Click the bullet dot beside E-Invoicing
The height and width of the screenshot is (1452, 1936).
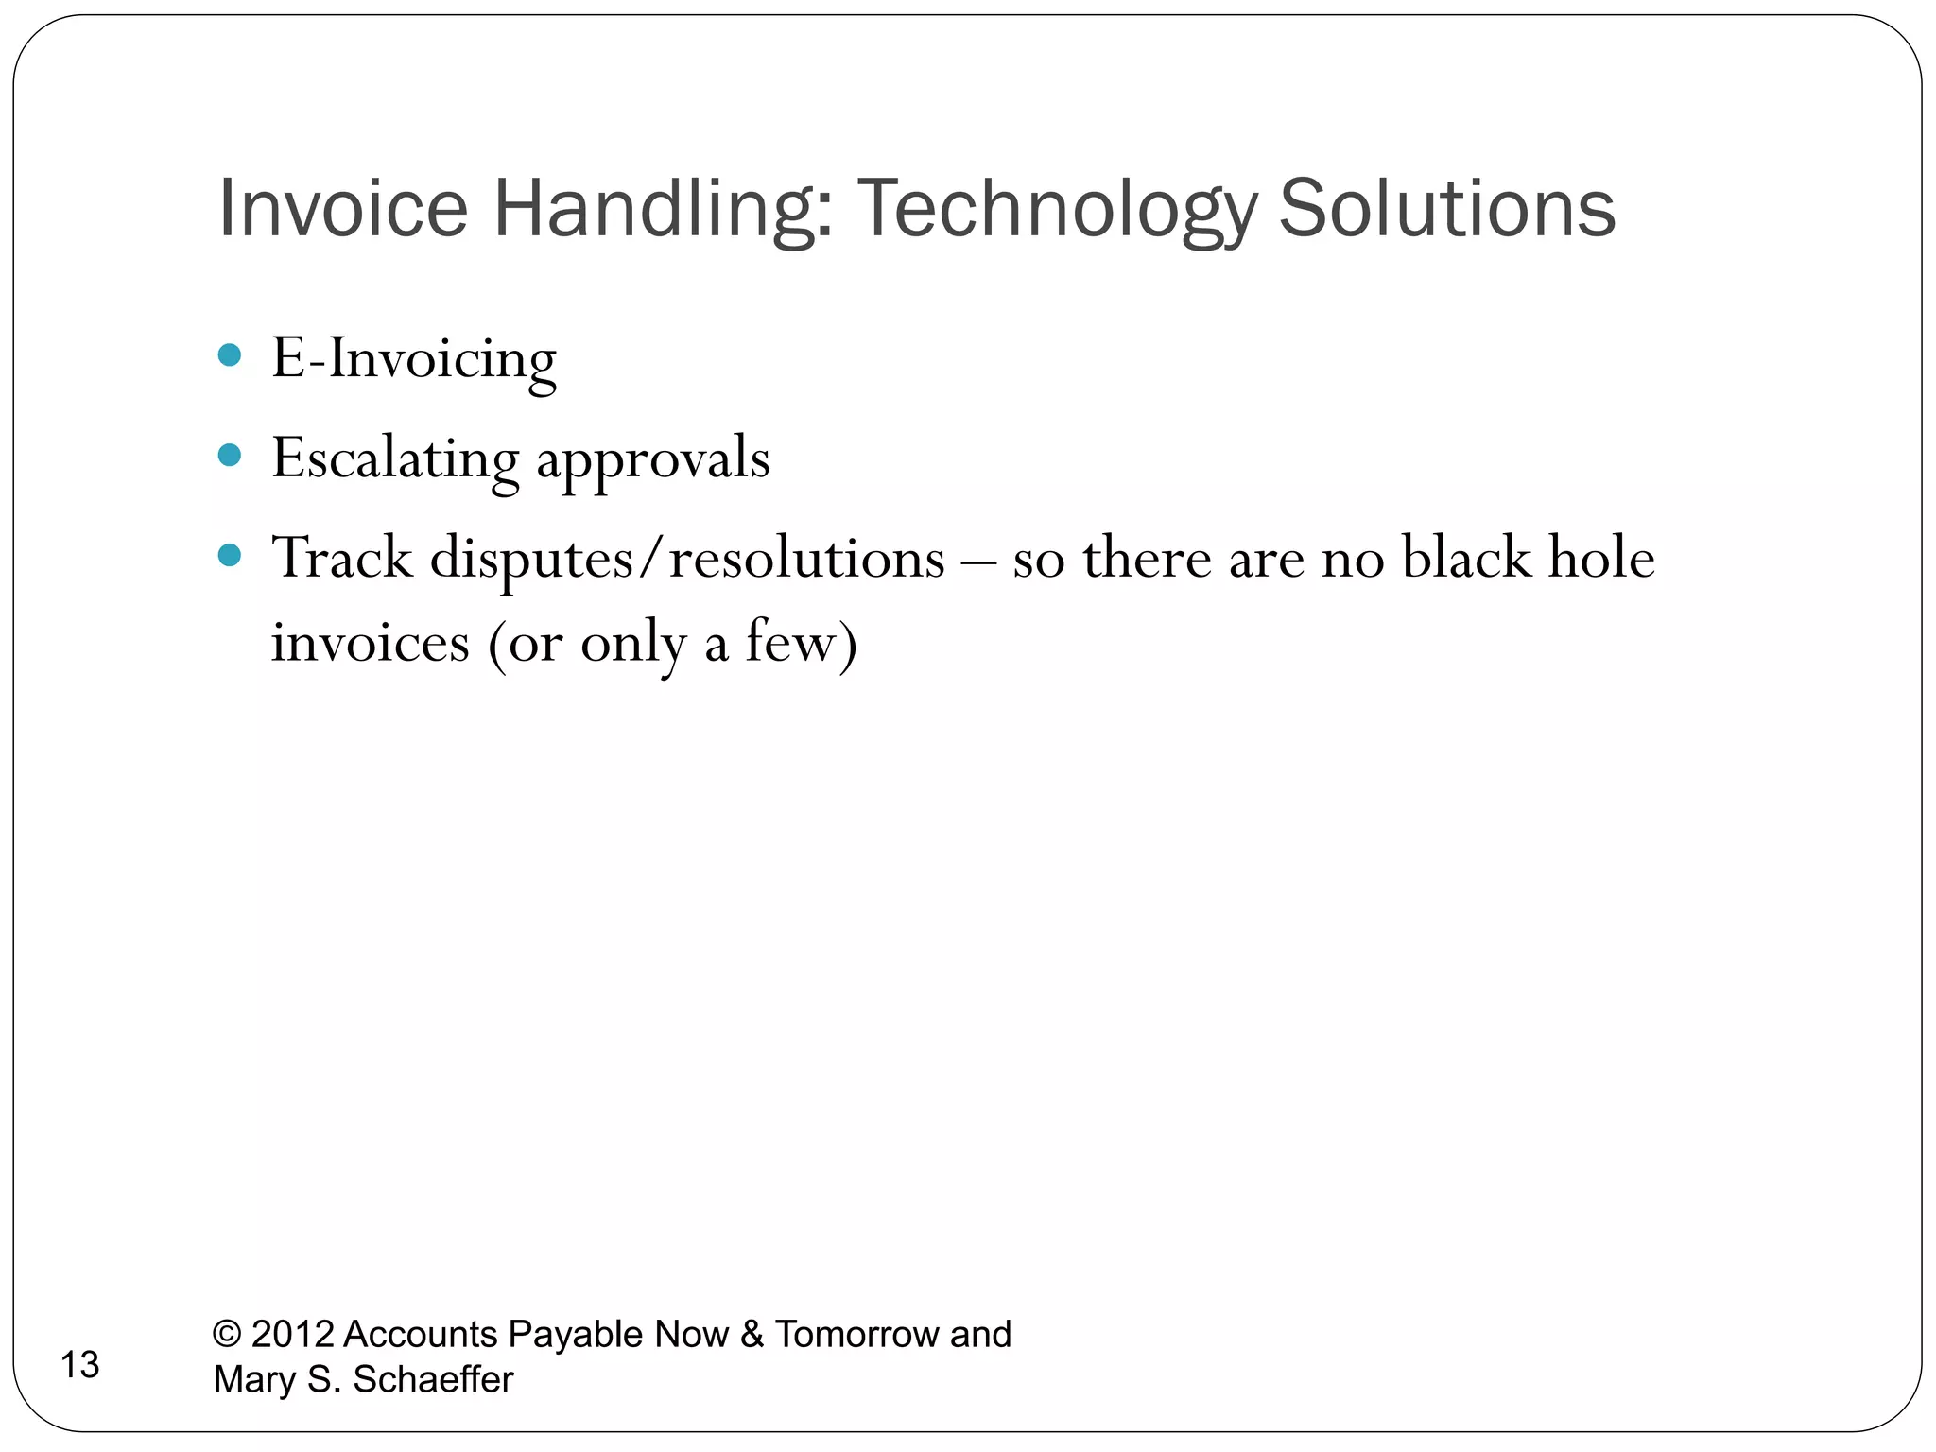pos(230,356)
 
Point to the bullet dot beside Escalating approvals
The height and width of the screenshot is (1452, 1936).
pos(230,456)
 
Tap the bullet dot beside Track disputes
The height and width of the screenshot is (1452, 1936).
pos(230,555)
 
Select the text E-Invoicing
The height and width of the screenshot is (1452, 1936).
pos(414,359)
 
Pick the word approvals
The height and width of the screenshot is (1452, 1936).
pos(653,460)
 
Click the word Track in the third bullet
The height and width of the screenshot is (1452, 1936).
pos(342,558)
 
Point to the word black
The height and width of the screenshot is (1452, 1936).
pos(1466,558)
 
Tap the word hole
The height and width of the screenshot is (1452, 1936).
pos(1601,558)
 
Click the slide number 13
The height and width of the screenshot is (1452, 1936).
pos(79,1365)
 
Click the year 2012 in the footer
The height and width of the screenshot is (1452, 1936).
pos(293,1334)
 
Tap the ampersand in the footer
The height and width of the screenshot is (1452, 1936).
pos(752,1334)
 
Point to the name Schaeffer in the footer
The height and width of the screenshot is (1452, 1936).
pos(433,1379)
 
